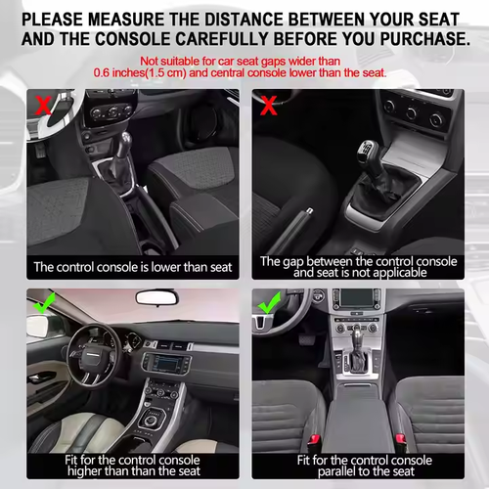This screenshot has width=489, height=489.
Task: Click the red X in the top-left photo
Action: click(x=43, y=105)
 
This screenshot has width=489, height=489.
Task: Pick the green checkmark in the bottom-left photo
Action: click(x=43, y=303)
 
